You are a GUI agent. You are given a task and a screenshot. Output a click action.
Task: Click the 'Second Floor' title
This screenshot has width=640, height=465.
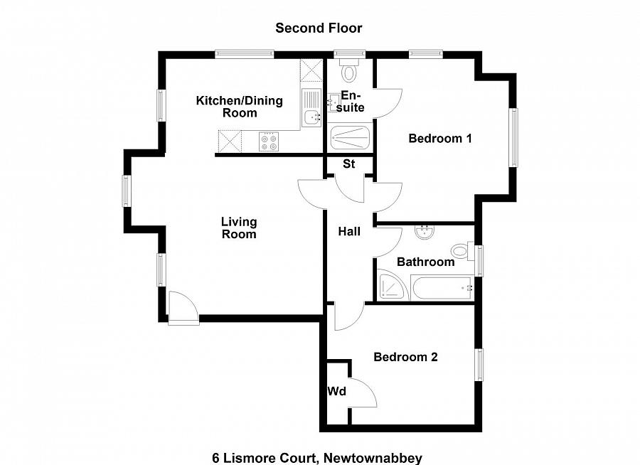coord(319,28)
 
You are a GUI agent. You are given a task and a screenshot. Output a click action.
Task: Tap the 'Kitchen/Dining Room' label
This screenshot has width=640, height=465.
coord(239,107)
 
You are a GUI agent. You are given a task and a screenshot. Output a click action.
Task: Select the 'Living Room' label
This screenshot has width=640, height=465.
coord(238,228)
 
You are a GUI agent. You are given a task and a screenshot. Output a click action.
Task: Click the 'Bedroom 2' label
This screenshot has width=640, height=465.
coord(405,357)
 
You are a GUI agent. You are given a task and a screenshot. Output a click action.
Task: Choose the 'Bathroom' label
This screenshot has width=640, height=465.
coord(425,262)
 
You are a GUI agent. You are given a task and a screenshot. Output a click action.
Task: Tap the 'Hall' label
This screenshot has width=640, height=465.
coord(349,231)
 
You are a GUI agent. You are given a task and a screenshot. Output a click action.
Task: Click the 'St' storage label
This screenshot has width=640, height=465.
coord(348,164)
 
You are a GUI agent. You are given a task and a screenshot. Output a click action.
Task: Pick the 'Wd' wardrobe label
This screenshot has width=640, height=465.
coord(336,392)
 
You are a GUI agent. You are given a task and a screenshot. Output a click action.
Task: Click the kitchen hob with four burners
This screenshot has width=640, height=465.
coord(270,141)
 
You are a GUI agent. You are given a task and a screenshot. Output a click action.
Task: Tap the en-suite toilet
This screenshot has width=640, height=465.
coord(349,71)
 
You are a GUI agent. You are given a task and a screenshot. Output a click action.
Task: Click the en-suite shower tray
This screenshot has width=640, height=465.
coord(350,137)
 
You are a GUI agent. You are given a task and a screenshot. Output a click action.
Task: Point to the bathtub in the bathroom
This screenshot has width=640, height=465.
coord(441,288)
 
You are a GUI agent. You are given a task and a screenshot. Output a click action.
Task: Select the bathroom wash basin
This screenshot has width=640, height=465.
coord(425,232)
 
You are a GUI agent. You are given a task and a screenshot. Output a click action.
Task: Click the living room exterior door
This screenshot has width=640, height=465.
coord(183,310)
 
